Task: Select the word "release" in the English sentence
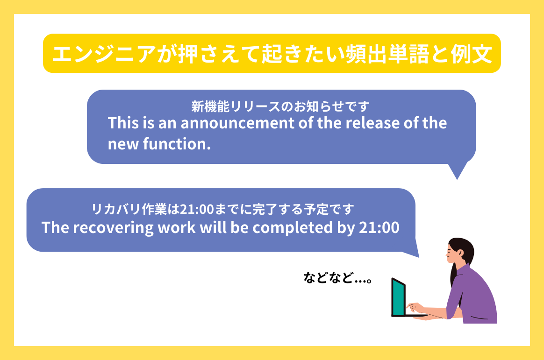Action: pyautogui.click(x=358, y=124)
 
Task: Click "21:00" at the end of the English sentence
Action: pyautogui.click(x=379, y=228)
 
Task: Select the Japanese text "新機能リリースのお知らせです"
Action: pyautogui.click(x=280, y=106)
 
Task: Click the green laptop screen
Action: pyautogui.click(x=398, y=296)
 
